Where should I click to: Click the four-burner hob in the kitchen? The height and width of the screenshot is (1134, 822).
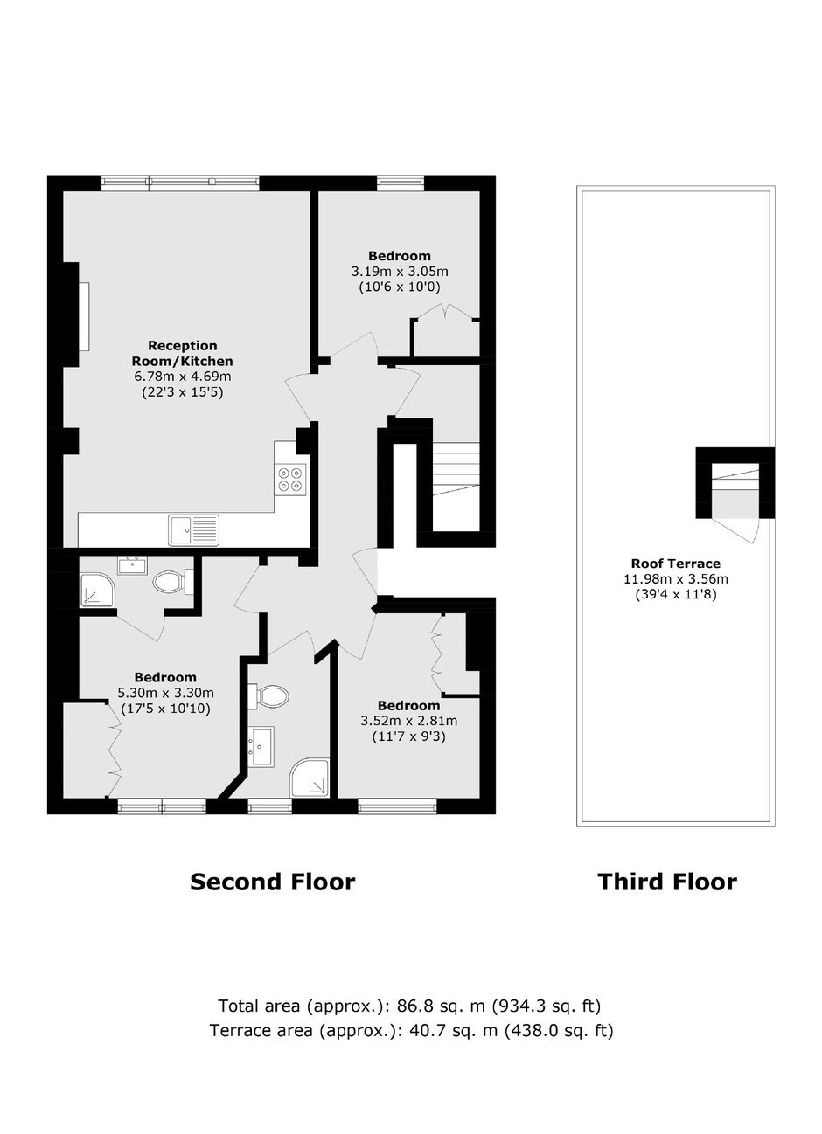(292, 479)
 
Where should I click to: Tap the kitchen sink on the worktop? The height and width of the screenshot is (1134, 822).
(194, 530)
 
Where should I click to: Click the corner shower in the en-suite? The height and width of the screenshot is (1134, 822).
(98, 590)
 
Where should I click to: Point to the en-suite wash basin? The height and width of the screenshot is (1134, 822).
(132, 564)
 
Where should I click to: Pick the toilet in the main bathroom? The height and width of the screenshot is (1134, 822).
(268, 696)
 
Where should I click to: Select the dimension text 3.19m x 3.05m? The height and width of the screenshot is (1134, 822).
(400, 272)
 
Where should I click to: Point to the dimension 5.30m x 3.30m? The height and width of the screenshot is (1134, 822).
(166, 693)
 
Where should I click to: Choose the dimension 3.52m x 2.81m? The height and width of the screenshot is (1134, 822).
(409, 721)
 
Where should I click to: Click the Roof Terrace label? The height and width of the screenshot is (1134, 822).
(676, 564)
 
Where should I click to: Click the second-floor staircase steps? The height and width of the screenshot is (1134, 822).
(456, 469)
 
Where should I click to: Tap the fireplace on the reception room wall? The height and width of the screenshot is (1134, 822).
(84, 317)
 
